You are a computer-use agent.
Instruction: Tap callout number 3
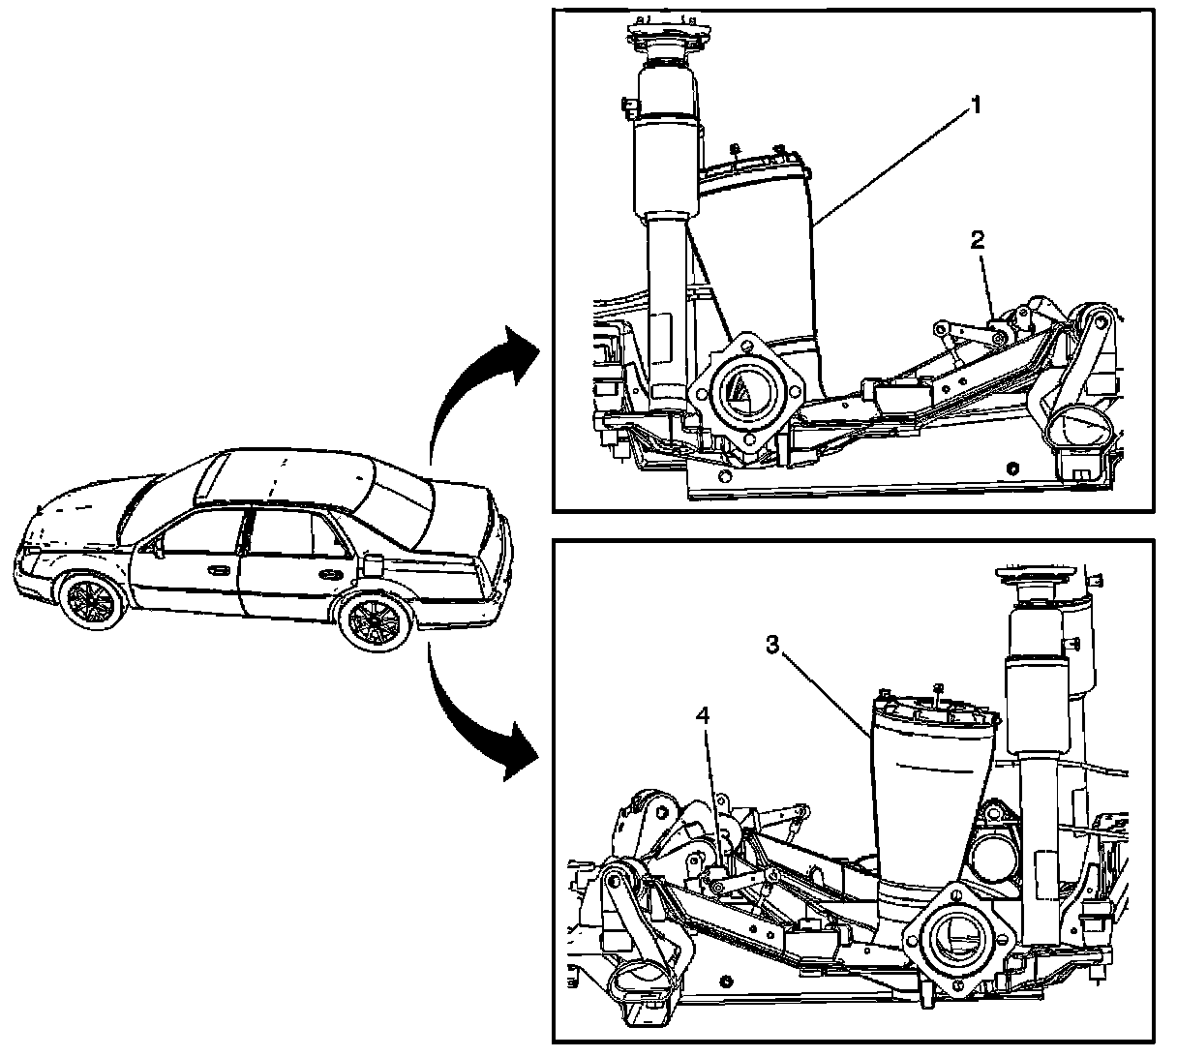[770, 646]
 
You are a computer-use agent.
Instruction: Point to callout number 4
[704, 716]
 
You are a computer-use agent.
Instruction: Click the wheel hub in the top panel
[744, 391]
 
